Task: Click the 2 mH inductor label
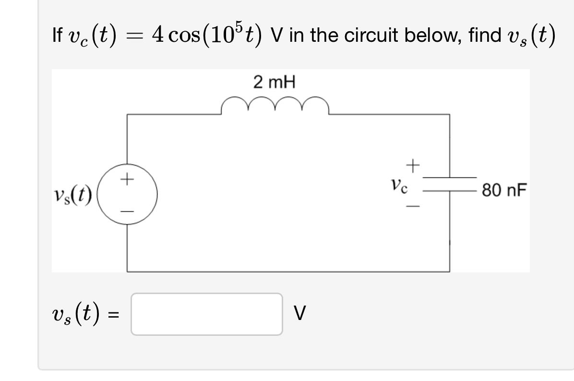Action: pos(275,83)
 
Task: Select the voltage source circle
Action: pos(127,195)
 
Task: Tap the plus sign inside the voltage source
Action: pos(127,180)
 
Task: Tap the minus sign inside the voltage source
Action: pos(127,211)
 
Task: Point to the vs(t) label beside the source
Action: pos(73,196)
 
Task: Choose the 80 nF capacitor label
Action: pos(504,190)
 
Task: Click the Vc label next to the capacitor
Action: pos(399,185)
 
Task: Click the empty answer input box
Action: pos(206,314)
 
